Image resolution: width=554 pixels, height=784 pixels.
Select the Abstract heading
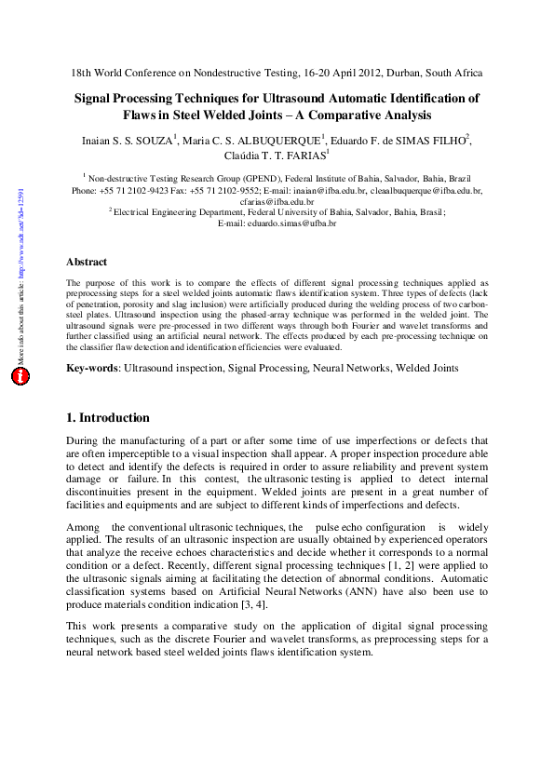click(87, 262)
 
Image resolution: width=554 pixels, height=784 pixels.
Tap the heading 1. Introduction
click(108, 417)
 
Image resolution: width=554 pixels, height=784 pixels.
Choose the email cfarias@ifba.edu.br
click(277, 201)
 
